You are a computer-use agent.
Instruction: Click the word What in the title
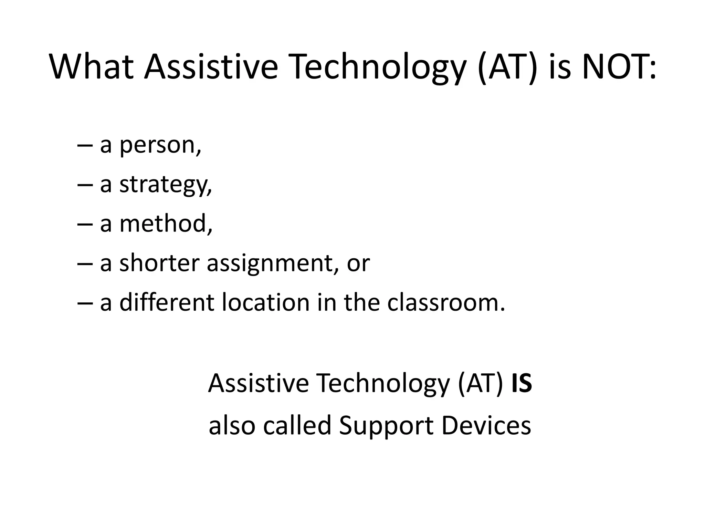[92, 67]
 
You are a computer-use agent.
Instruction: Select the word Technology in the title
[379, 67]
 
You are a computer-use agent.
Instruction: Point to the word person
[160, 146]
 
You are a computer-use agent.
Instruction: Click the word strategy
[165, 185]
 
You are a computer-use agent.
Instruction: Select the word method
[166, 224]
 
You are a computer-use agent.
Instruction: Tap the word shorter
[159, 263]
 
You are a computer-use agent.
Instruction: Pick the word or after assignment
[358, 264]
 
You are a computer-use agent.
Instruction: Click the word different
[167, 302]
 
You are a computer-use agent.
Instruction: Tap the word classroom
[446, 302]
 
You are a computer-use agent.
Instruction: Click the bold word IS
[522, 383]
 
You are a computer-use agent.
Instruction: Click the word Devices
[486, 426]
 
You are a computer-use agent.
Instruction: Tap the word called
[297, 426]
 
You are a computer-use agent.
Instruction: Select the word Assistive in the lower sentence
[258, 383]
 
